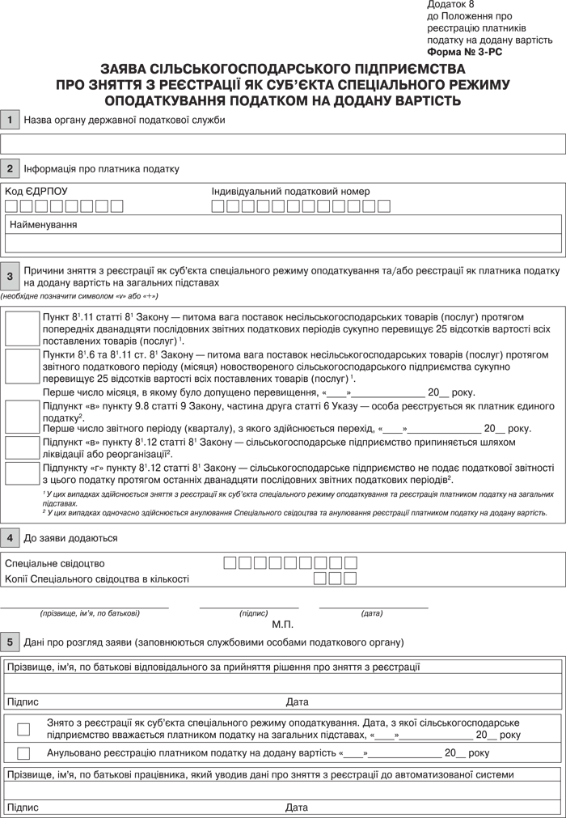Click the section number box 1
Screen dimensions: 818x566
point(10,120)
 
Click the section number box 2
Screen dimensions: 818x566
point(10,168)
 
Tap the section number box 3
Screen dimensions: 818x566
point(10,277)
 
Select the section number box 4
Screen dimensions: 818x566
point(10,537)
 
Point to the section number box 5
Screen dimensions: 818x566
point(10,642)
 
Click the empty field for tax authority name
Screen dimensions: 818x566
point(283,144)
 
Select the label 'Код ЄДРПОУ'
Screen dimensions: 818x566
point(36,192)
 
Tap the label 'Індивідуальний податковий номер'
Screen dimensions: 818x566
point(290,192)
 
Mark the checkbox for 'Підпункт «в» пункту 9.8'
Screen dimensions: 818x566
point(23,416)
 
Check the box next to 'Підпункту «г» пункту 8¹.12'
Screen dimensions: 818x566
point(23,473)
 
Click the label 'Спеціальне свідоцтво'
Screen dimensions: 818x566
point(55,563)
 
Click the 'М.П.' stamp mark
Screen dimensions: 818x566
point(283,625)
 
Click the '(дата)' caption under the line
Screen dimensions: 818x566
point(372,613)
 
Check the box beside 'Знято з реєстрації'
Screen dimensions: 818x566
point(23,729)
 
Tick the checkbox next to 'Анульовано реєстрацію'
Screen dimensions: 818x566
point(23,753)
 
